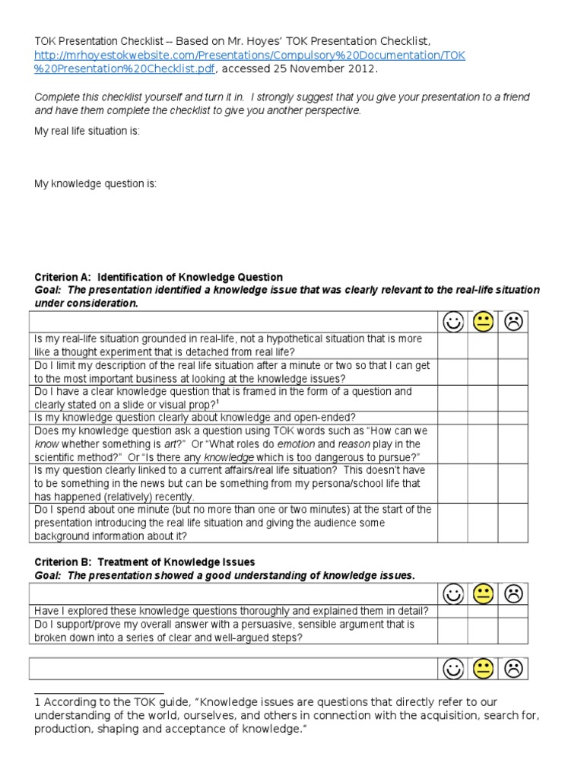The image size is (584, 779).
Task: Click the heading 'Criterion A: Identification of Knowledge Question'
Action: click(x=158, y=277)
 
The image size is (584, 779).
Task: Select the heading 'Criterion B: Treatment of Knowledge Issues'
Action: click(x=144, y=562)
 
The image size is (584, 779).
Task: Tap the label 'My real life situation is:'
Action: click(x=87, y=131)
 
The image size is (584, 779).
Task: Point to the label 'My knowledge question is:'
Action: click(x=96, y=184)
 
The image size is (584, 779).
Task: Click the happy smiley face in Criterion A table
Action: click(x=452, y=323)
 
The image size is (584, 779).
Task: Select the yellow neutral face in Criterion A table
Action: click(x=483, y=323)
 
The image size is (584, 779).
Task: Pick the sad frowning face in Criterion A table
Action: click(x=513, y=323)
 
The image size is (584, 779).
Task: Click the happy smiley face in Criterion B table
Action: click(x=452, y=594)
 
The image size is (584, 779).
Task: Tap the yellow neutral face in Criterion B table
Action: click(x=483, y=594)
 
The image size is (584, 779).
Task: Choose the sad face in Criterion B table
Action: click(x=513, y=594)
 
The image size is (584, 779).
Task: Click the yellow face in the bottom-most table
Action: click(x=483, y=669)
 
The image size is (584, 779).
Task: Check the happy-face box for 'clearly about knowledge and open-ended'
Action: click(x=452, y=418)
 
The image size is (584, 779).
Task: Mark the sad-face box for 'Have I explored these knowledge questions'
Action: click(x=513, y=611)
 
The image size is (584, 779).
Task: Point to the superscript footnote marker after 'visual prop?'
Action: click(x=218, y=402)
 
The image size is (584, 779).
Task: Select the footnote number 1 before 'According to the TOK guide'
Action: click(x=37, y=702)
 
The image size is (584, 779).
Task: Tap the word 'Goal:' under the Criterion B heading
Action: click(x=49, y=575)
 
